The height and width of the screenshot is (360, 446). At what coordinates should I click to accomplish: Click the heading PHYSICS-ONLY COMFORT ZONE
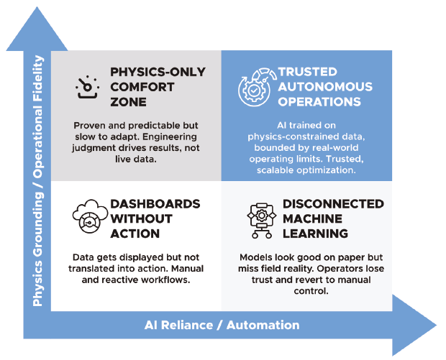[158, 87]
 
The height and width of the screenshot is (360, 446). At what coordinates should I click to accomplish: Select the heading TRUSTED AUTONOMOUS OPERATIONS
[325, 87]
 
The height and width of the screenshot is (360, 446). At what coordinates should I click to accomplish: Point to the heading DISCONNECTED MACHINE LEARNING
[332, 219]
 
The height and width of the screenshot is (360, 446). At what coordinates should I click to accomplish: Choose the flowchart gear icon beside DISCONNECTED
[260, 218]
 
